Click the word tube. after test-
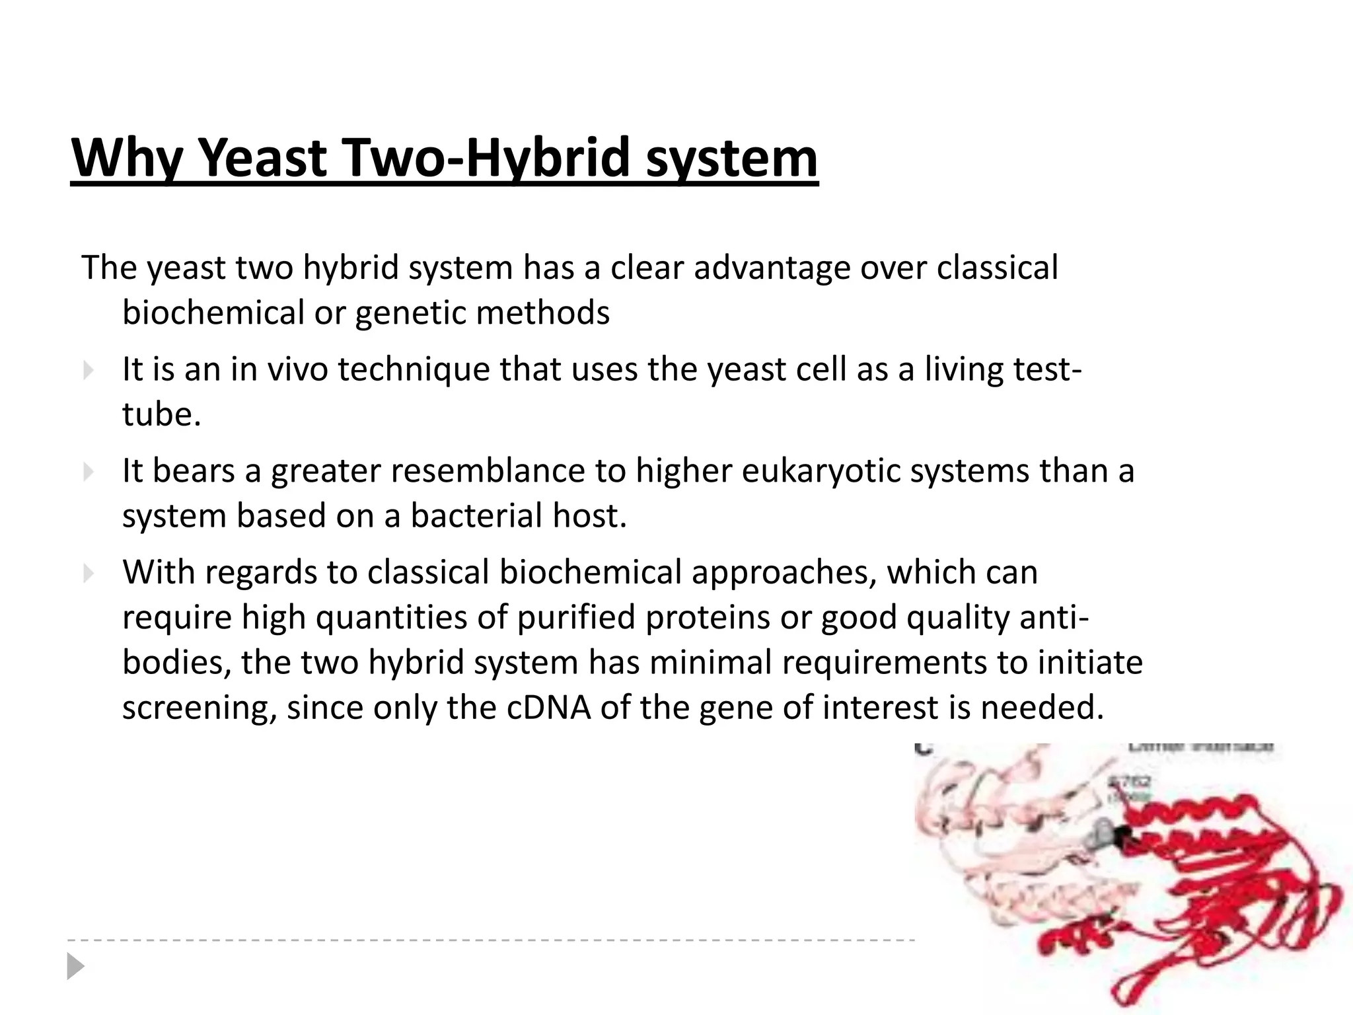pos(161,414)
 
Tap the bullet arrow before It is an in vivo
pos(89,371)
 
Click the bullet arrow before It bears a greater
pos(89,472)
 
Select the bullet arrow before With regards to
pos(89,573)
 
